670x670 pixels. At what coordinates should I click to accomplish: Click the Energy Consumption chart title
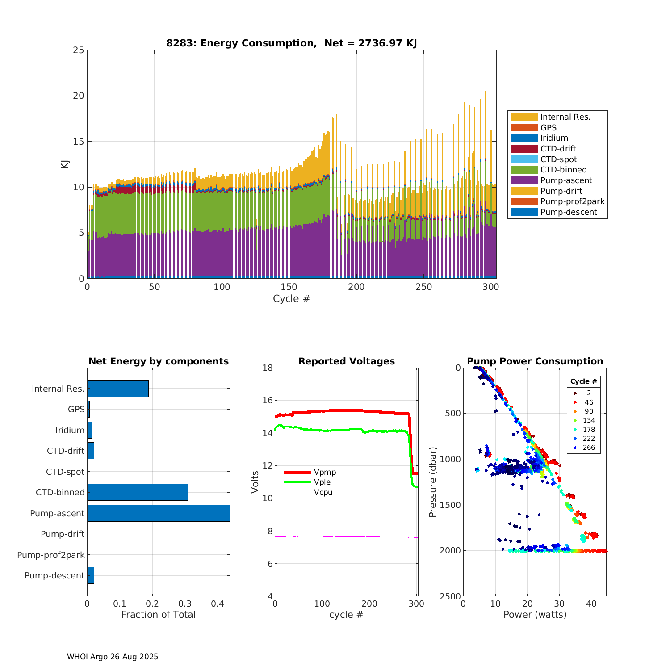(x=291, y=43)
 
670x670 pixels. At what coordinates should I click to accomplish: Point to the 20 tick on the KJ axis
(x=79, y=96)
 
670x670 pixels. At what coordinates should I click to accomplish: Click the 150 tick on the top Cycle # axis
(x=289, y=287)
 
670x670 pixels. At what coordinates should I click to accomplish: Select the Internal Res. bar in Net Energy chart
(x=118, y=389)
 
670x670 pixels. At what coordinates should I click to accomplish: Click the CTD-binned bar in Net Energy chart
(x=138, y=492)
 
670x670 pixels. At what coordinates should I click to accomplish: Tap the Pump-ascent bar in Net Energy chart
(x=158, y=513)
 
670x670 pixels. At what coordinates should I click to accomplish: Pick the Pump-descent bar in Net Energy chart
(x=91, y=575)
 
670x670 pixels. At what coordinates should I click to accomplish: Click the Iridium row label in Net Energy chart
(x=70, y=430)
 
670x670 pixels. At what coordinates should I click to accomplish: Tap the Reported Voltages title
(x=347, y=361)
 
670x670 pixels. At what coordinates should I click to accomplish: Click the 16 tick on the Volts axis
(x=268, y=400)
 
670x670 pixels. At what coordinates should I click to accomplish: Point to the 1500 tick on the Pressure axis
(x=450, y=505)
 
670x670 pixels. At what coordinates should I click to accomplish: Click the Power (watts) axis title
(x=535, y=615)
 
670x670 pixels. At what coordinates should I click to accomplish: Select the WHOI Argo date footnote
(x=113, y=657)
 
